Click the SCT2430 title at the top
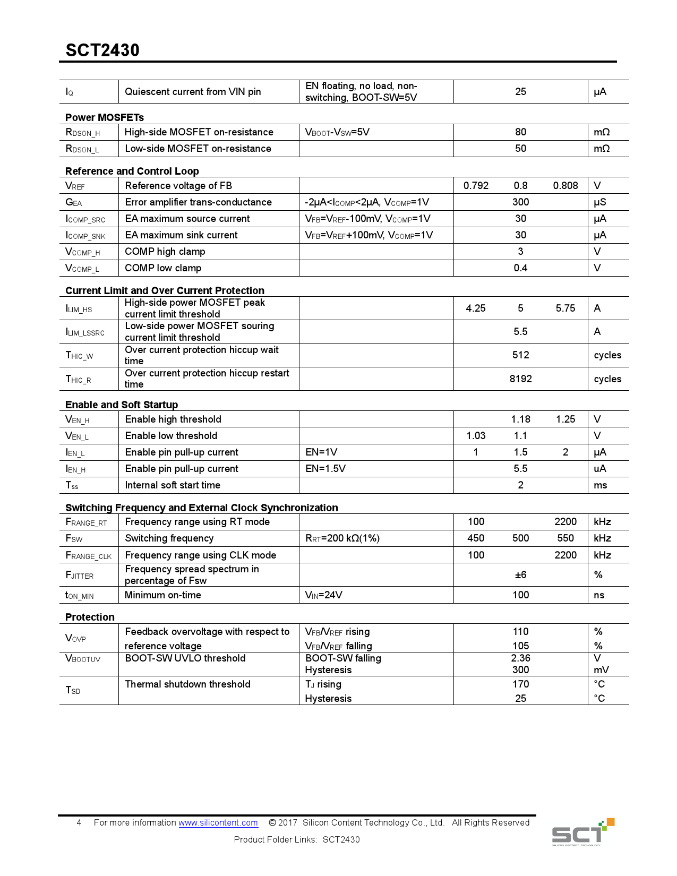[102, 50]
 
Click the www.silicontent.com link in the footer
[218, 822]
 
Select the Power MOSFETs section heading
[104, 117]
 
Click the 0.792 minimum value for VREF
[475, 185]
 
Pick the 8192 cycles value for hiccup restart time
[520, 379]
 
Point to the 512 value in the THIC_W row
[520, 355]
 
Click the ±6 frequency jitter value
[520, 574]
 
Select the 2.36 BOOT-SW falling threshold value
[520, 658]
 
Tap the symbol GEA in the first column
[74, 202]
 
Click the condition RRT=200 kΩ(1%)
[342, 538]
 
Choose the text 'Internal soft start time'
[172, 485]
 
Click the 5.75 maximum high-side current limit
[565, 308]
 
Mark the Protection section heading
[90, 617]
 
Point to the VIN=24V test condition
[323, 595]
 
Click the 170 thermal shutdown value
[520, 684]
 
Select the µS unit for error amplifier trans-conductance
[599, 202]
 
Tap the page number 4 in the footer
[79, 822]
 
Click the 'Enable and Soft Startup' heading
[121, 405]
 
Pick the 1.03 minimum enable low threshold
[475, 435]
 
